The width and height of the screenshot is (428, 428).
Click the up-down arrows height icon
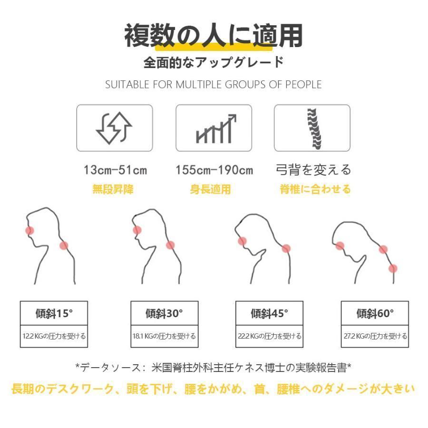point(114,128)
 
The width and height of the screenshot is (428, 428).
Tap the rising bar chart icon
point(216,128)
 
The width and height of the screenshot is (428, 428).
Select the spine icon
point(314,128)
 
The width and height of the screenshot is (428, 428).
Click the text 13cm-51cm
point(115,170)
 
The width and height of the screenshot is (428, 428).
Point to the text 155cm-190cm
point(214,170)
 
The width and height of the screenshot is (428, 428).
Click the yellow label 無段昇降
point(113,189)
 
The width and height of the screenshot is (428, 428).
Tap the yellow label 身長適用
point(211,189)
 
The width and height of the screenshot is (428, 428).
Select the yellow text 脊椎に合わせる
point(315,189)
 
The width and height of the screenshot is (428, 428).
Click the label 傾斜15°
point(54,313)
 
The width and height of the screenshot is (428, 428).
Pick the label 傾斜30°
point(164,313)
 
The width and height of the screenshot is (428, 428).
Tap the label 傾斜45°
point(270,313)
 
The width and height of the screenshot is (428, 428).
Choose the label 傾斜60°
point(375,313)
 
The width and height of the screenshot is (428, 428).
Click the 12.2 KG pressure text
point(54,336)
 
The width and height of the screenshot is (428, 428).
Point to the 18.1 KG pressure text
point(165,336)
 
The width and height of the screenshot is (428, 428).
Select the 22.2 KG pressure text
point(270,336)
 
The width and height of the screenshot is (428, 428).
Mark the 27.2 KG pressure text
point(375,336)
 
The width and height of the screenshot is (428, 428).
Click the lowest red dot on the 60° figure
point(393,269)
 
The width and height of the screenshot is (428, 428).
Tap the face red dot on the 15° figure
point(30,231)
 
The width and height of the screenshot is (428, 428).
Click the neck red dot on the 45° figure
point(286,249)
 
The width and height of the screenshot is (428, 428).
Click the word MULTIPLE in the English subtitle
point(199,85)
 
